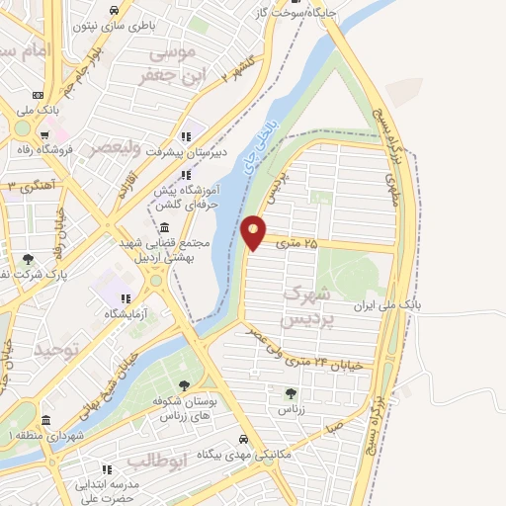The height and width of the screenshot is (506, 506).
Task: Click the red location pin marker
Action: (x=254, y=232)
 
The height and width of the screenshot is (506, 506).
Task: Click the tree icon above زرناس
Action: (x=290, y=393)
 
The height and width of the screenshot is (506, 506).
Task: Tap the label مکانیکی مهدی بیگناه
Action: (x=247, y=454)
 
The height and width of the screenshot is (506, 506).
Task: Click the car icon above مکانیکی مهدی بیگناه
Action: (x=242, y=440)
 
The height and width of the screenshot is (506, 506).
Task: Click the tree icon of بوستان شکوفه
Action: (x=184, y=385)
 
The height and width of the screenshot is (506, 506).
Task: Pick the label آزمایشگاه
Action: (x=128, y=313)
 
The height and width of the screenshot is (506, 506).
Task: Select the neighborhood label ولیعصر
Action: (x=115, y=148)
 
